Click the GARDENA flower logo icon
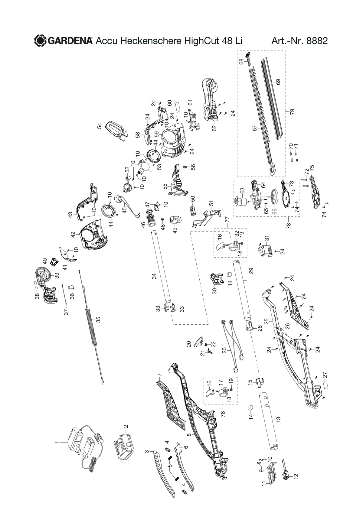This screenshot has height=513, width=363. point(41,41)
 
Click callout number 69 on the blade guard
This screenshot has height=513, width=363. point(278,82)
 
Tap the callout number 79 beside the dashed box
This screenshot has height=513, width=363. point(292,112)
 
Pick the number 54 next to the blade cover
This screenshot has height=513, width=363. point(99,126)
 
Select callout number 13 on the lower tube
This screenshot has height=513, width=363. point(278,419)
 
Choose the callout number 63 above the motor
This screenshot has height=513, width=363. point(242,191)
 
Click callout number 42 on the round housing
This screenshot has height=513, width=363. point(73,235)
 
